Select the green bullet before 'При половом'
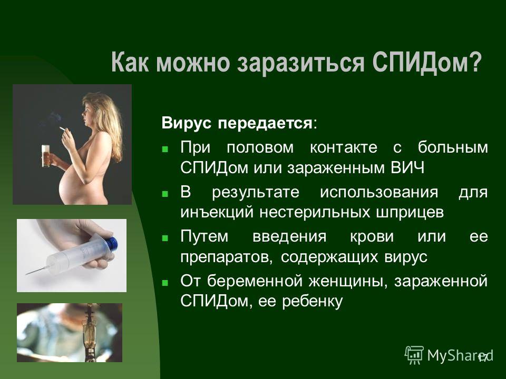tap(165, 149)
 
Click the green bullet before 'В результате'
tap(165, 194)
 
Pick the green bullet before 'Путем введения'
tap(165, 238)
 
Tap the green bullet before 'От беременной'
tap(165, 283)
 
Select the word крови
tap(372, 237)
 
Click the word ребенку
tap(312, 302)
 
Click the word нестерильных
tap(315, 213)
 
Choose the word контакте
tap(343, 147)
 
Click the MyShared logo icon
tap(414, 355)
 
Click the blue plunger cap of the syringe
tap(111, 242)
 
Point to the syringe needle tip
tap(26, 274)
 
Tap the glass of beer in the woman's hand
tap(45, 156)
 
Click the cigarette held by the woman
tap(63, 128)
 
